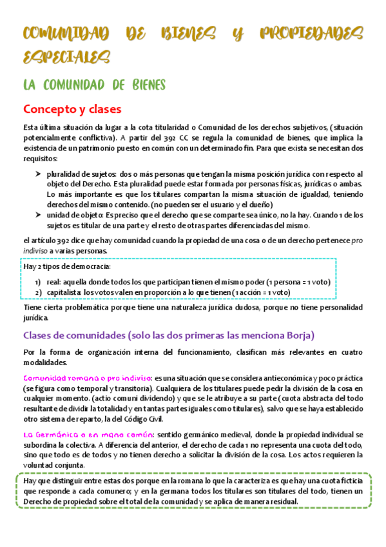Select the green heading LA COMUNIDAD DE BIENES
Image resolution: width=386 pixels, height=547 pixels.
click(x=95, y=85)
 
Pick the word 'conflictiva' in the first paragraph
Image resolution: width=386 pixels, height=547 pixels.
click(x=92, y=138)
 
